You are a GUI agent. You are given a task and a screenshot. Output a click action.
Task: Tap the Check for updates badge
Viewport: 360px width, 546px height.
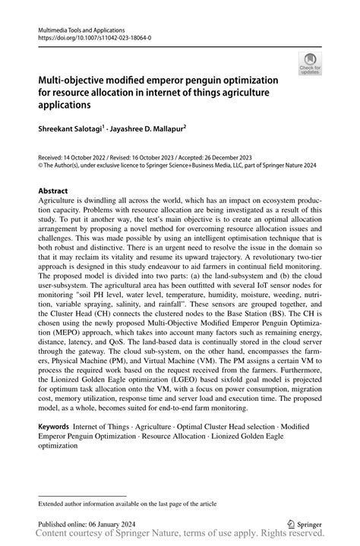[x=310, y=65]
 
